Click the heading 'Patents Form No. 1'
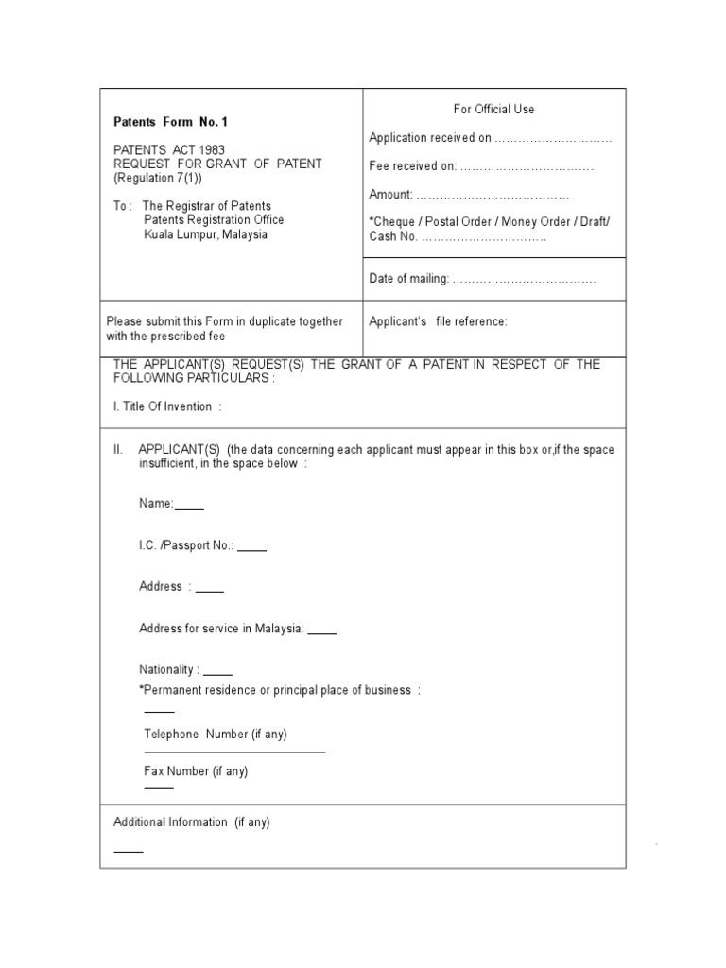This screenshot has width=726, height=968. coord(170,122)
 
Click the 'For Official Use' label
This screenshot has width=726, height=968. coord(493,110)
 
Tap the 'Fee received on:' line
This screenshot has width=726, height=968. coord(526,166)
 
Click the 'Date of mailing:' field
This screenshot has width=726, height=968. coord(524,279)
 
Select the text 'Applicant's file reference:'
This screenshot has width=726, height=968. coord(438,321)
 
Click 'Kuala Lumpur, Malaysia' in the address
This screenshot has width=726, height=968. coord(205,234)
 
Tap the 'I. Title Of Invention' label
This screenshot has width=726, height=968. coord(167,406)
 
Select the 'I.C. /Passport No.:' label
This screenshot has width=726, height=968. coord(187,545)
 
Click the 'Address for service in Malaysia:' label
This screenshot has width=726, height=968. coord(221,629)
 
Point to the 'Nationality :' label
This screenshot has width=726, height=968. coord(169,669)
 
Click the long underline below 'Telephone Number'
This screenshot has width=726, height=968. coord(234,752)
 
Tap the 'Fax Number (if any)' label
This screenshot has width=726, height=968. coord(196,771)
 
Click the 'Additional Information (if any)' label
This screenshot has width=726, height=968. coord(192,822)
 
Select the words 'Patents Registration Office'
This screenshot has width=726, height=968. coord(214,220)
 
